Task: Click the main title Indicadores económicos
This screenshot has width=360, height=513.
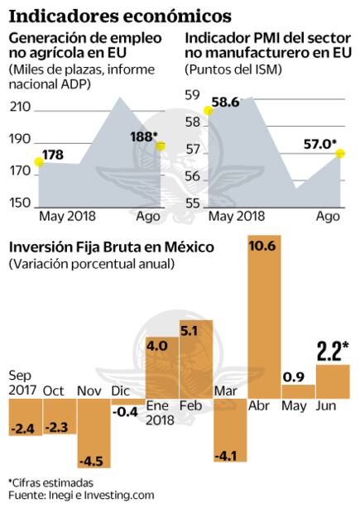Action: [120, 15]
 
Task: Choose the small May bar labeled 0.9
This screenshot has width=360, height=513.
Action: [297, 391]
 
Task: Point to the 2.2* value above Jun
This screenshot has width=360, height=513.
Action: [333, 352]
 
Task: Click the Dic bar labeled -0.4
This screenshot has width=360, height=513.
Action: [125, 403]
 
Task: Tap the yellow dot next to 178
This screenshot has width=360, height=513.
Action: [37, 162]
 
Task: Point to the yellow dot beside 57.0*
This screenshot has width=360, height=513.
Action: [339, 154]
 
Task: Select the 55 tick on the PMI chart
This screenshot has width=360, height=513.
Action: [192, 204]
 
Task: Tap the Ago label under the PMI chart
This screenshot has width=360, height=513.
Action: [329, 217]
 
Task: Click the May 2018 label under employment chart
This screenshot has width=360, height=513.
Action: [68, 217]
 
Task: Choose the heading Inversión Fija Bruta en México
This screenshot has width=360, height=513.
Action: [99, 247]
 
